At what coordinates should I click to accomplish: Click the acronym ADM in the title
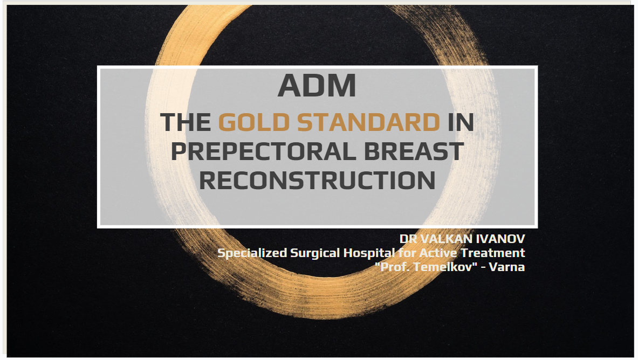click(317, 86)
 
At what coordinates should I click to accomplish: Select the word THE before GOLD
click(186, 122)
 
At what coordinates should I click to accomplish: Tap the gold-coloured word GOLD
click(254, 122)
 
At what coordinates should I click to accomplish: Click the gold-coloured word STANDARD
click(368, 122)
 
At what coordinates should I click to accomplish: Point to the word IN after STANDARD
click(461, 122)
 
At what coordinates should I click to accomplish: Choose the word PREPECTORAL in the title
click(263, 151)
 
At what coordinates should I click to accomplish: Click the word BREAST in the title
click(414, 151)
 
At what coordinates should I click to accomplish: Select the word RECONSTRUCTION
click(317, 180)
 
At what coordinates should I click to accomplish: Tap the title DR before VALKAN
click(408, 239)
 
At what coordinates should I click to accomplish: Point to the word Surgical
click(315, 253)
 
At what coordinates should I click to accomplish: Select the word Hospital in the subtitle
click(369, 253)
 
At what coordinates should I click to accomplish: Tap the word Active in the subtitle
click(438, 253)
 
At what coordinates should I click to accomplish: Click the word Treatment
click(493, 253)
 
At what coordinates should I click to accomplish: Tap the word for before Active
click(407, 253)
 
